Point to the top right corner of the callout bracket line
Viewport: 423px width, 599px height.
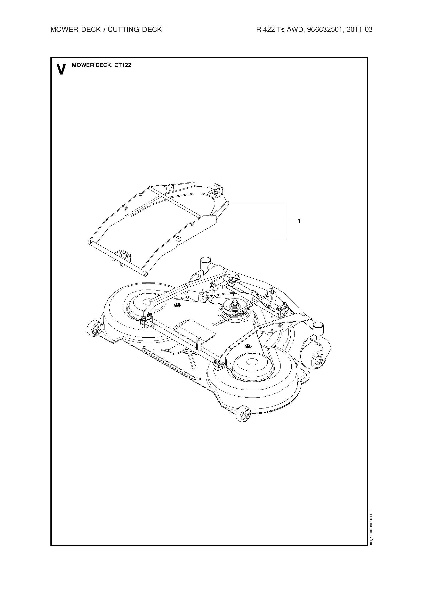286,203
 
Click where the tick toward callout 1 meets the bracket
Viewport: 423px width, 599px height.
286,221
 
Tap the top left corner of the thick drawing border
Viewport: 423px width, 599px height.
51,58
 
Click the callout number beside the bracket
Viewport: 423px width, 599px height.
300,221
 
